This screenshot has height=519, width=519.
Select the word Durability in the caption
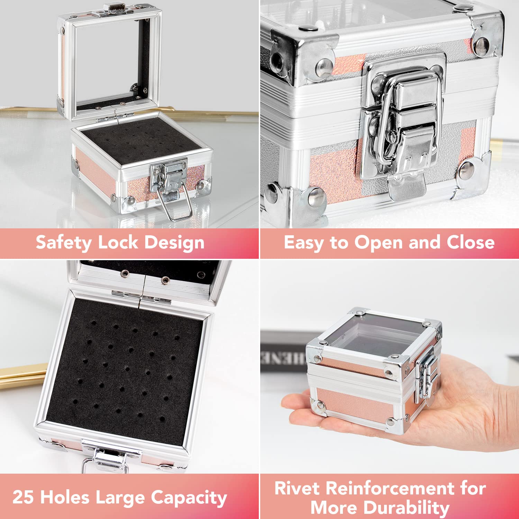[x=407, y=508]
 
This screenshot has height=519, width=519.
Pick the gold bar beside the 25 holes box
[x=19, y=375]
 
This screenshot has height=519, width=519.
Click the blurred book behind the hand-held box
[x=284, y=353]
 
